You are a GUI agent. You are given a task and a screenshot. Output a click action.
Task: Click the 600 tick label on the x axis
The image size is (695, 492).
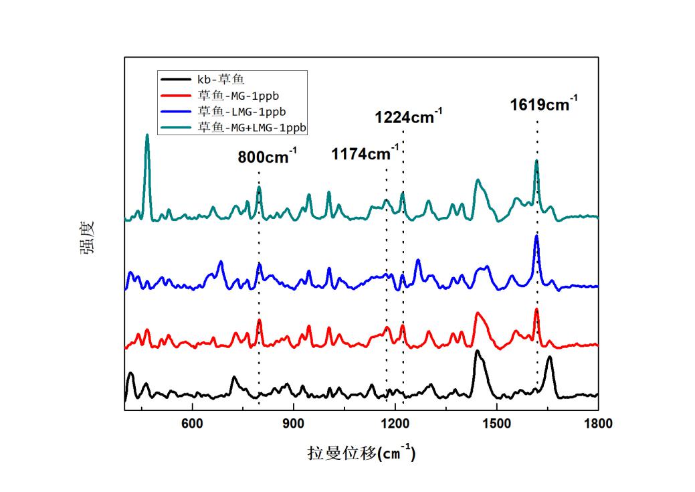[x=193, y=424]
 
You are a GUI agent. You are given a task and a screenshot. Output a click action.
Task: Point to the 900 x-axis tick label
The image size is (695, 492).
[x=294, y=424]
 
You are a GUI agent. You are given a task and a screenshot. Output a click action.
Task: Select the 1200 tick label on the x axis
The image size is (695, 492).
[x=395, y=424]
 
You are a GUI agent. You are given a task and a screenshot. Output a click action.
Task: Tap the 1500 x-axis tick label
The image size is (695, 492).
[x=496, y=424]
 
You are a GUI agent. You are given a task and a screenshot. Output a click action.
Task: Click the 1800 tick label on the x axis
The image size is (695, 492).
[x=597, y=424]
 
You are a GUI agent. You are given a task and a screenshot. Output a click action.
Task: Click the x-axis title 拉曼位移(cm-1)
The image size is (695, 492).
[x=361, y=453]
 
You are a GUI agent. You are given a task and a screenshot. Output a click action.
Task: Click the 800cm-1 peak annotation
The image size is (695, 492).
[x=267, y=158]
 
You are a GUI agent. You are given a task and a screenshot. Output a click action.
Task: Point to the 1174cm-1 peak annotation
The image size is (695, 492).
[x=365, y=154]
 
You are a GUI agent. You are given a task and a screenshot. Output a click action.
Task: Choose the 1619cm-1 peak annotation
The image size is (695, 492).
[x=544, y=105]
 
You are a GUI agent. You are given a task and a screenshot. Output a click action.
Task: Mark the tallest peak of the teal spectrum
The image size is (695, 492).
[x=147, y=136]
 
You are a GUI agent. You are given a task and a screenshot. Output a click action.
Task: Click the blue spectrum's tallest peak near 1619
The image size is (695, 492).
[x=536, y=236]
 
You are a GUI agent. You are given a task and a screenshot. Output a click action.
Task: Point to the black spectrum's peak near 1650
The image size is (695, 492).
[x=549, y=358]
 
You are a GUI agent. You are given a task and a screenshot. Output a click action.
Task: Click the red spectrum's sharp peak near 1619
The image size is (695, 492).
[x=536, y=310]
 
